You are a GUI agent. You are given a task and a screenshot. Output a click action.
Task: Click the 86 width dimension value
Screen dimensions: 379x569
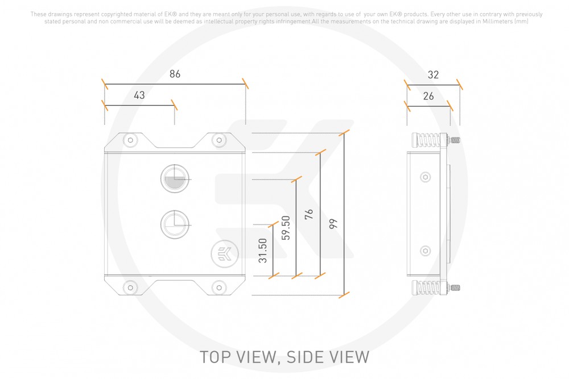[175, 74]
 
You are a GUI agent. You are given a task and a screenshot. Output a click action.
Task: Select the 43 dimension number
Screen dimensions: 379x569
[139, 95]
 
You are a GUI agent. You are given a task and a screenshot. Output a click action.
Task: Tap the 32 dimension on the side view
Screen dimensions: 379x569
[434, 74]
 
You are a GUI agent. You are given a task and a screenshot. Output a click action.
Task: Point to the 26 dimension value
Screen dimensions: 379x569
[428, 96]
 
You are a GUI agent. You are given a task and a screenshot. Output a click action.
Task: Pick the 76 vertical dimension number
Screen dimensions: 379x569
[309, 214]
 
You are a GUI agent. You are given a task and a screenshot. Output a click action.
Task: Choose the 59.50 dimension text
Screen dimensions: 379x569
[286, 228]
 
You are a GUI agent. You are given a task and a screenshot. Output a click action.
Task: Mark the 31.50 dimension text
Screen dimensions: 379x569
[262, 250]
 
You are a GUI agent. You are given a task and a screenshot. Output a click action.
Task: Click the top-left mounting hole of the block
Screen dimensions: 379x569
[131, 140]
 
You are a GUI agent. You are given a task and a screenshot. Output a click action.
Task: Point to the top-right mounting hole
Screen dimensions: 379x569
[217, 140]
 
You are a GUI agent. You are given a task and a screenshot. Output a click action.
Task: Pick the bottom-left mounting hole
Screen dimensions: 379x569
[131, 288]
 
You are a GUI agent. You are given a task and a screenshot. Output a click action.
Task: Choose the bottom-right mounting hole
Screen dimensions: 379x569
[217, 288]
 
